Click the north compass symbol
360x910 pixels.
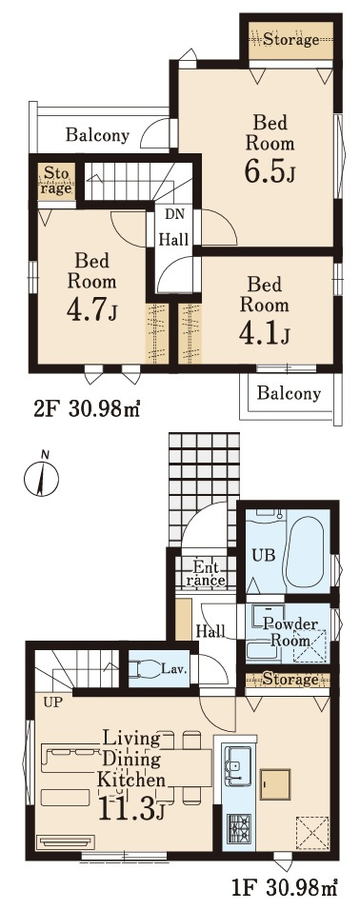click(41, 477)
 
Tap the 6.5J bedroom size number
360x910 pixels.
click(267, 170)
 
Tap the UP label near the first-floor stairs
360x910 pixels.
click(52, 702)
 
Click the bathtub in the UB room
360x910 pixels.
click(306, 551)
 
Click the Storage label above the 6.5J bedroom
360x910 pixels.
click(291, 39)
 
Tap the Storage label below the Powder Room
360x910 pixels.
click(290, 679)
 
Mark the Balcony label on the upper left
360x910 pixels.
click(97, 136)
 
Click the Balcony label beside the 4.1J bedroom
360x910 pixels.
click(289, 393)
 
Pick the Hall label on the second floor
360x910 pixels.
click(174, 239)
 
